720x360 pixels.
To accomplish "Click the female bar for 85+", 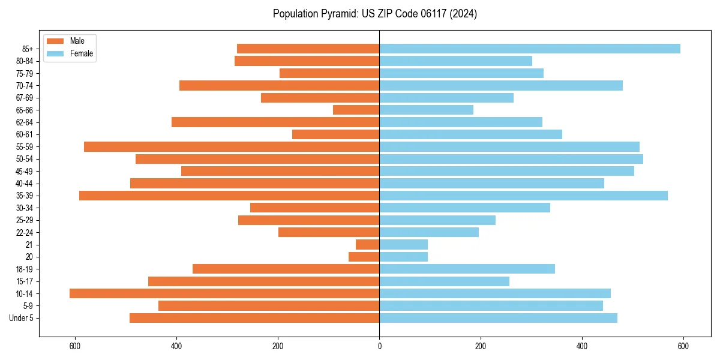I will coord(529,49).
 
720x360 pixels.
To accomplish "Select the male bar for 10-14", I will coord(224,293).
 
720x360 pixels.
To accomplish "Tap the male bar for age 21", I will coord(367,244).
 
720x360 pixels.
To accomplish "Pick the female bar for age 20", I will coord(403,257).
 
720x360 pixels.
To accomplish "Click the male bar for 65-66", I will coord(356,110).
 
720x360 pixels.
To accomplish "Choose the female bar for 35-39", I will coord(523,196).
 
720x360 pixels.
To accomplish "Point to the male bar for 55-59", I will coord(232,146).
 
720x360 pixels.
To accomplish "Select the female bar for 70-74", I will coord(501,85).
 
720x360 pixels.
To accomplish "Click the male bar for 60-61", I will coord(335,134).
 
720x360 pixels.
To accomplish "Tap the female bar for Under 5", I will coord(498,318).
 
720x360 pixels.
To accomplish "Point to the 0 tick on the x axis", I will coord(379,346).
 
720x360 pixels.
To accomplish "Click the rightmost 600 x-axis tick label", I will coord(683,346).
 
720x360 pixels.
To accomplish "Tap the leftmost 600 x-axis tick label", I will coord(75,346).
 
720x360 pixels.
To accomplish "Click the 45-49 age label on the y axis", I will coord(25,171).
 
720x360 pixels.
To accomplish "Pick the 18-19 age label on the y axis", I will coord(25,269).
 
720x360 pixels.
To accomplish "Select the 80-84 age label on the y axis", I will coord(25,61).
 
